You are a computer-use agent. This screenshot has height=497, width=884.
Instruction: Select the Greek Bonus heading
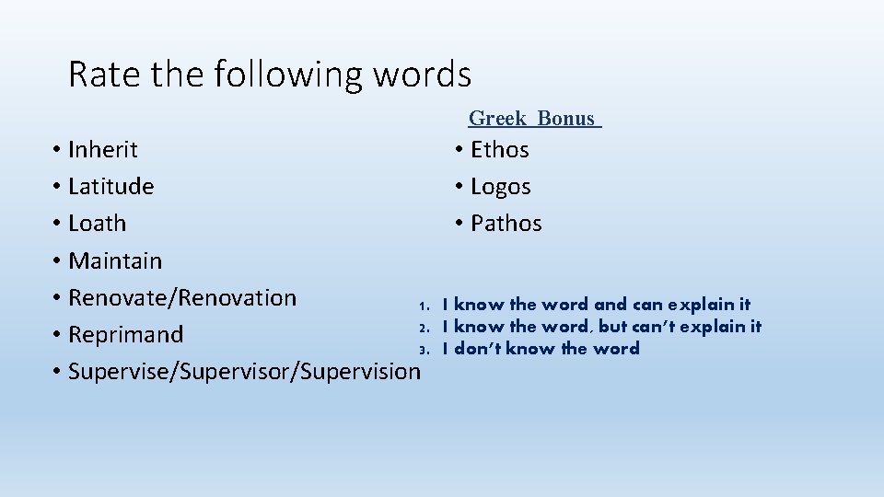tap(533, 118)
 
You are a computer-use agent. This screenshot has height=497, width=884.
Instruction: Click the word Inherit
tap(103, 149)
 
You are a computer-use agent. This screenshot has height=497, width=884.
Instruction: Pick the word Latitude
tap(111, 186)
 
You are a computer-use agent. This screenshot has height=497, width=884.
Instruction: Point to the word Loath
tap(98, 223)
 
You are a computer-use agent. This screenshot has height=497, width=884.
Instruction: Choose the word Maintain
tap(115, 260)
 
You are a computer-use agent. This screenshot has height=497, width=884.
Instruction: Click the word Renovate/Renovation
tap(182, 297)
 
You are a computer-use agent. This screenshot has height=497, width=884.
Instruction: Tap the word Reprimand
tap(126, 334)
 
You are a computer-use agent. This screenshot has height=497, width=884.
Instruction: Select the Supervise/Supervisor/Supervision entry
tap(243, 371)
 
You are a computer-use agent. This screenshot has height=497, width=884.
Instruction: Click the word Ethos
tap(499, 149)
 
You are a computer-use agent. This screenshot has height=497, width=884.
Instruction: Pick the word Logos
tap(500, 186)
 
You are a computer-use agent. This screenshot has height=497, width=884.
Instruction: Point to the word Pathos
tap(506, 223)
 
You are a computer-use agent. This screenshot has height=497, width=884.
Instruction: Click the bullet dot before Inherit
tap(57, 150)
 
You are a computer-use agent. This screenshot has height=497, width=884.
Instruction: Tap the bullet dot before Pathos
tap(459, 224)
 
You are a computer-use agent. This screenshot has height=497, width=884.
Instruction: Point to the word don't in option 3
tap(475, 348)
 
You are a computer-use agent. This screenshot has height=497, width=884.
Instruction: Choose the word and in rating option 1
tap(610, 304)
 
